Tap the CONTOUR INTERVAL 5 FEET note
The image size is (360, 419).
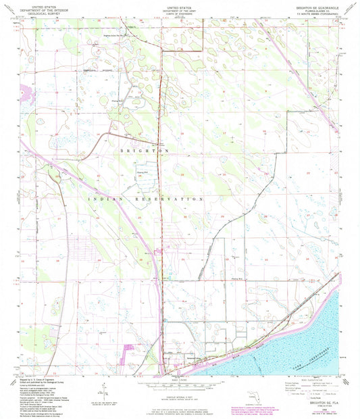coord(179,395)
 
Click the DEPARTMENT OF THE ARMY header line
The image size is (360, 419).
coord(180,9)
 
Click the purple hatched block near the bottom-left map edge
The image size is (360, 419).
coord(130,351)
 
